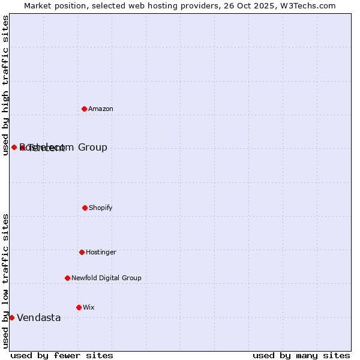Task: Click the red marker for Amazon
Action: [84, 109]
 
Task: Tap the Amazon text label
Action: [101, 109]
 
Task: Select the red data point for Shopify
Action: [85, 208]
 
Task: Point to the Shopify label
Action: [101, 208]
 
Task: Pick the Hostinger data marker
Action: [82, 252]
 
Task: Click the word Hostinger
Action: [101, 253]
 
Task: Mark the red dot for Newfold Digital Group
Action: [67, 278]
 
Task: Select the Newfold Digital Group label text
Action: [106, 278]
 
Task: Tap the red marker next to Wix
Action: [79, 307]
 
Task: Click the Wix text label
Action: [89, 308]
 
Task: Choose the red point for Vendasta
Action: [11, 317]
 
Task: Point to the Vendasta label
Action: [39, 318]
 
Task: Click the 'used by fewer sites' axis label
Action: [62, 355]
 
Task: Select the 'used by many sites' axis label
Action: [301, 355]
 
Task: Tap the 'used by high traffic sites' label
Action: [5, 85]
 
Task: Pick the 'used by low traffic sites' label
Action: [5, 281]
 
